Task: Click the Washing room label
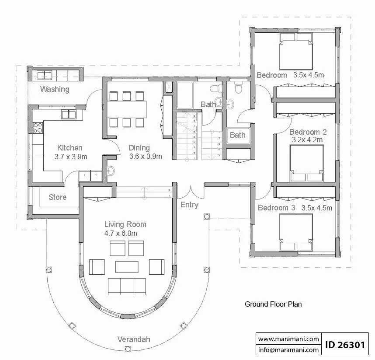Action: tap(55, 89)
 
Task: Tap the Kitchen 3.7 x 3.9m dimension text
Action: tap(71, 157)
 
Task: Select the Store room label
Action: tap(57, 197)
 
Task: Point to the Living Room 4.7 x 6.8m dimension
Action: tap(121, 234)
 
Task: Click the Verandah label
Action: tap(134, 339)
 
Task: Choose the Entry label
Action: tap(189, 205)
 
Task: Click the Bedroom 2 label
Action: tap(308, 132)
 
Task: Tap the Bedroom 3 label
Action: tap(277, 207)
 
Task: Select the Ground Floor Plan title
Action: tap(273, 304)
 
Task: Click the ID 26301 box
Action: tap(345, 345)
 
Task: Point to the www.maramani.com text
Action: tap(288, 339)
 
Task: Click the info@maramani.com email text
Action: tap(288, 350)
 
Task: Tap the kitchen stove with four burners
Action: tap(38, 128)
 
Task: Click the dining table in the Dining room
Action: tap(126, 109)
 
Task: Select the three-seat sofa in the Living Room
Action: tap(127, 287)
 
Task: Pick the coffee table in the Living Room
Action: tap(127, 267)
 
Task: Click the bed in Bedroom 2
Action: tap(307, 163)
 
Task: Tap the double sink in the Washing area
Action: tap(44, 75)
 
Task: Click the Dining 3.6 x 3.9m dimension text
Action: tap(146, 156)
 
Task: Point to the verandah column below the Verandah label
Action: tap(128, 349)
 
